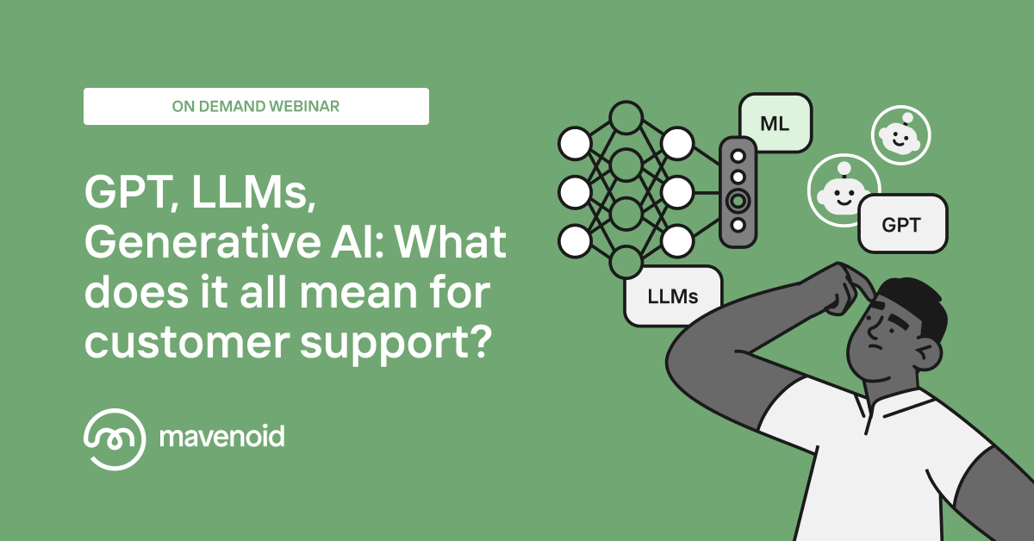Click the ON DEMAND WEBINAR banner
[x=256, y=106]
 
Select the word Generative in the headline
[x=202, y=242]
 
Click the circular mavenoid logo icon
[x=115, y=439]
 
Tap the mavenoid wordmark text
[x=222, y=437]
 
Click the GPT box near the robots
[x=902, y=224]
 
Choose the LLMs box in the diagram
[x=673, y=296]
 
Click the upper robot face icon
[x=900, y=135]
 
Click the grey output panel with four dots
[x=738, y=191]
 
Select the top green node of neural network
[x=626, y=118]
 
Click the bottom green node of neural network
[x=626, y=262]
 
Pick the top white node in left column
[x=575, y=143]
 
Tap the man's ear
[x=927, y=354]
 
